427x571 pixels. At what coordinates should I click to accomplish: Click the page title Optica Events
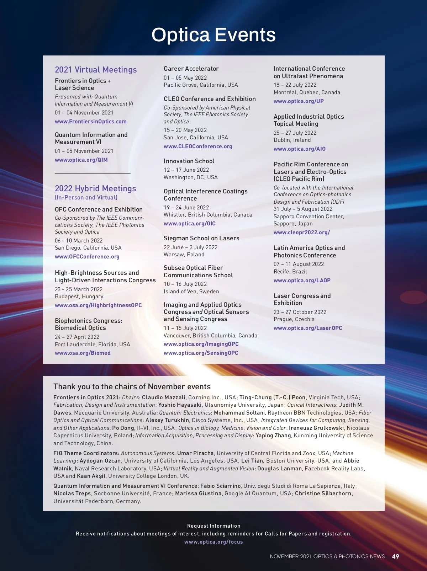click(x=213, y=35)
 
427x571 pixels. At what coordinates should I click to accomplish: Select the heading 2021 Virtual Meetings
click(x=96, y=70)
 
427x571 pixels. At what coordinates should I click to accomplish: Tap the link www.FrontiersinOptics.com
click(x=90, y=122)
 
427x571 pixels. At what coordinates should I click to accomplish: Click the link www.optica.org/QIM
click(x=81, y=160)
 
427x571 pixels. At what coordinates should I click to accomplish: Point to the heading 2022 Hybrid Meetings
click(x=95, y=188)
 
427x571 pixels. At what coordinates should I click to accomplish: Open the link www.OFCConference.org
click(x=87, y=257)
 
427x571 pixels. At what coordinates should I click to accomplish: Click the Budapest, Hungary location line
click(x=79, y=297)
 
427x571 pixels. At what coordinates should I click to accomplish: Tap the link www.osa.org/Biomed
click(x=83, y=353)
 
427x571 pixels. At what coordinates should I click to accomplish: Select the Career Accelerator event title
click(x=191, y=69)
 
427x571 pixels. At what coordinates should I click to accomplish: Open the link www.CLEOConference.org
click(x=198, y=146)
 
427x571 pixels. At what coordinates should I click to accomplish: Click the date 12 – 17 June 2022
click(x=186, y=170)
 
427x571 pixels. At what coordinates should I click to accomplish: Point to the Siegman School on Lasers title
click(x=201, y=238)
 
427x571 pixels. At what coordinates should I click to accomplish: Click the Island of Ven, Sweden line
click(x=191, y=292)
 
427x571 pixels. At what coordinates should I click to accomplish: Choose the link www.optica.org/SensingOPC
click(x=201, y=353)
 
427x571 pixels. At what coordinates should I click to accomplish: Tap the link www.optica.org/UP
click(x=299, y=101)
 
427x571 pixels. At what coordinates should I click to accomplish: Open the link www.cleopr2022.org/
click(x=301, y=233)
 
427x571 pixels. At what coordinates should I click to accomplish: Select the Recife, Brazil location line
click(x=290, y=272)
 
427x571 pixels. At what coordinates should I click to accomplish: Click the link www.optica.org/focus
click(x=213, y=542)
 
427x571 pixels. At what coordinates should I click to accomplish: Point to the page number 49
click(x=395, y=556)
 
